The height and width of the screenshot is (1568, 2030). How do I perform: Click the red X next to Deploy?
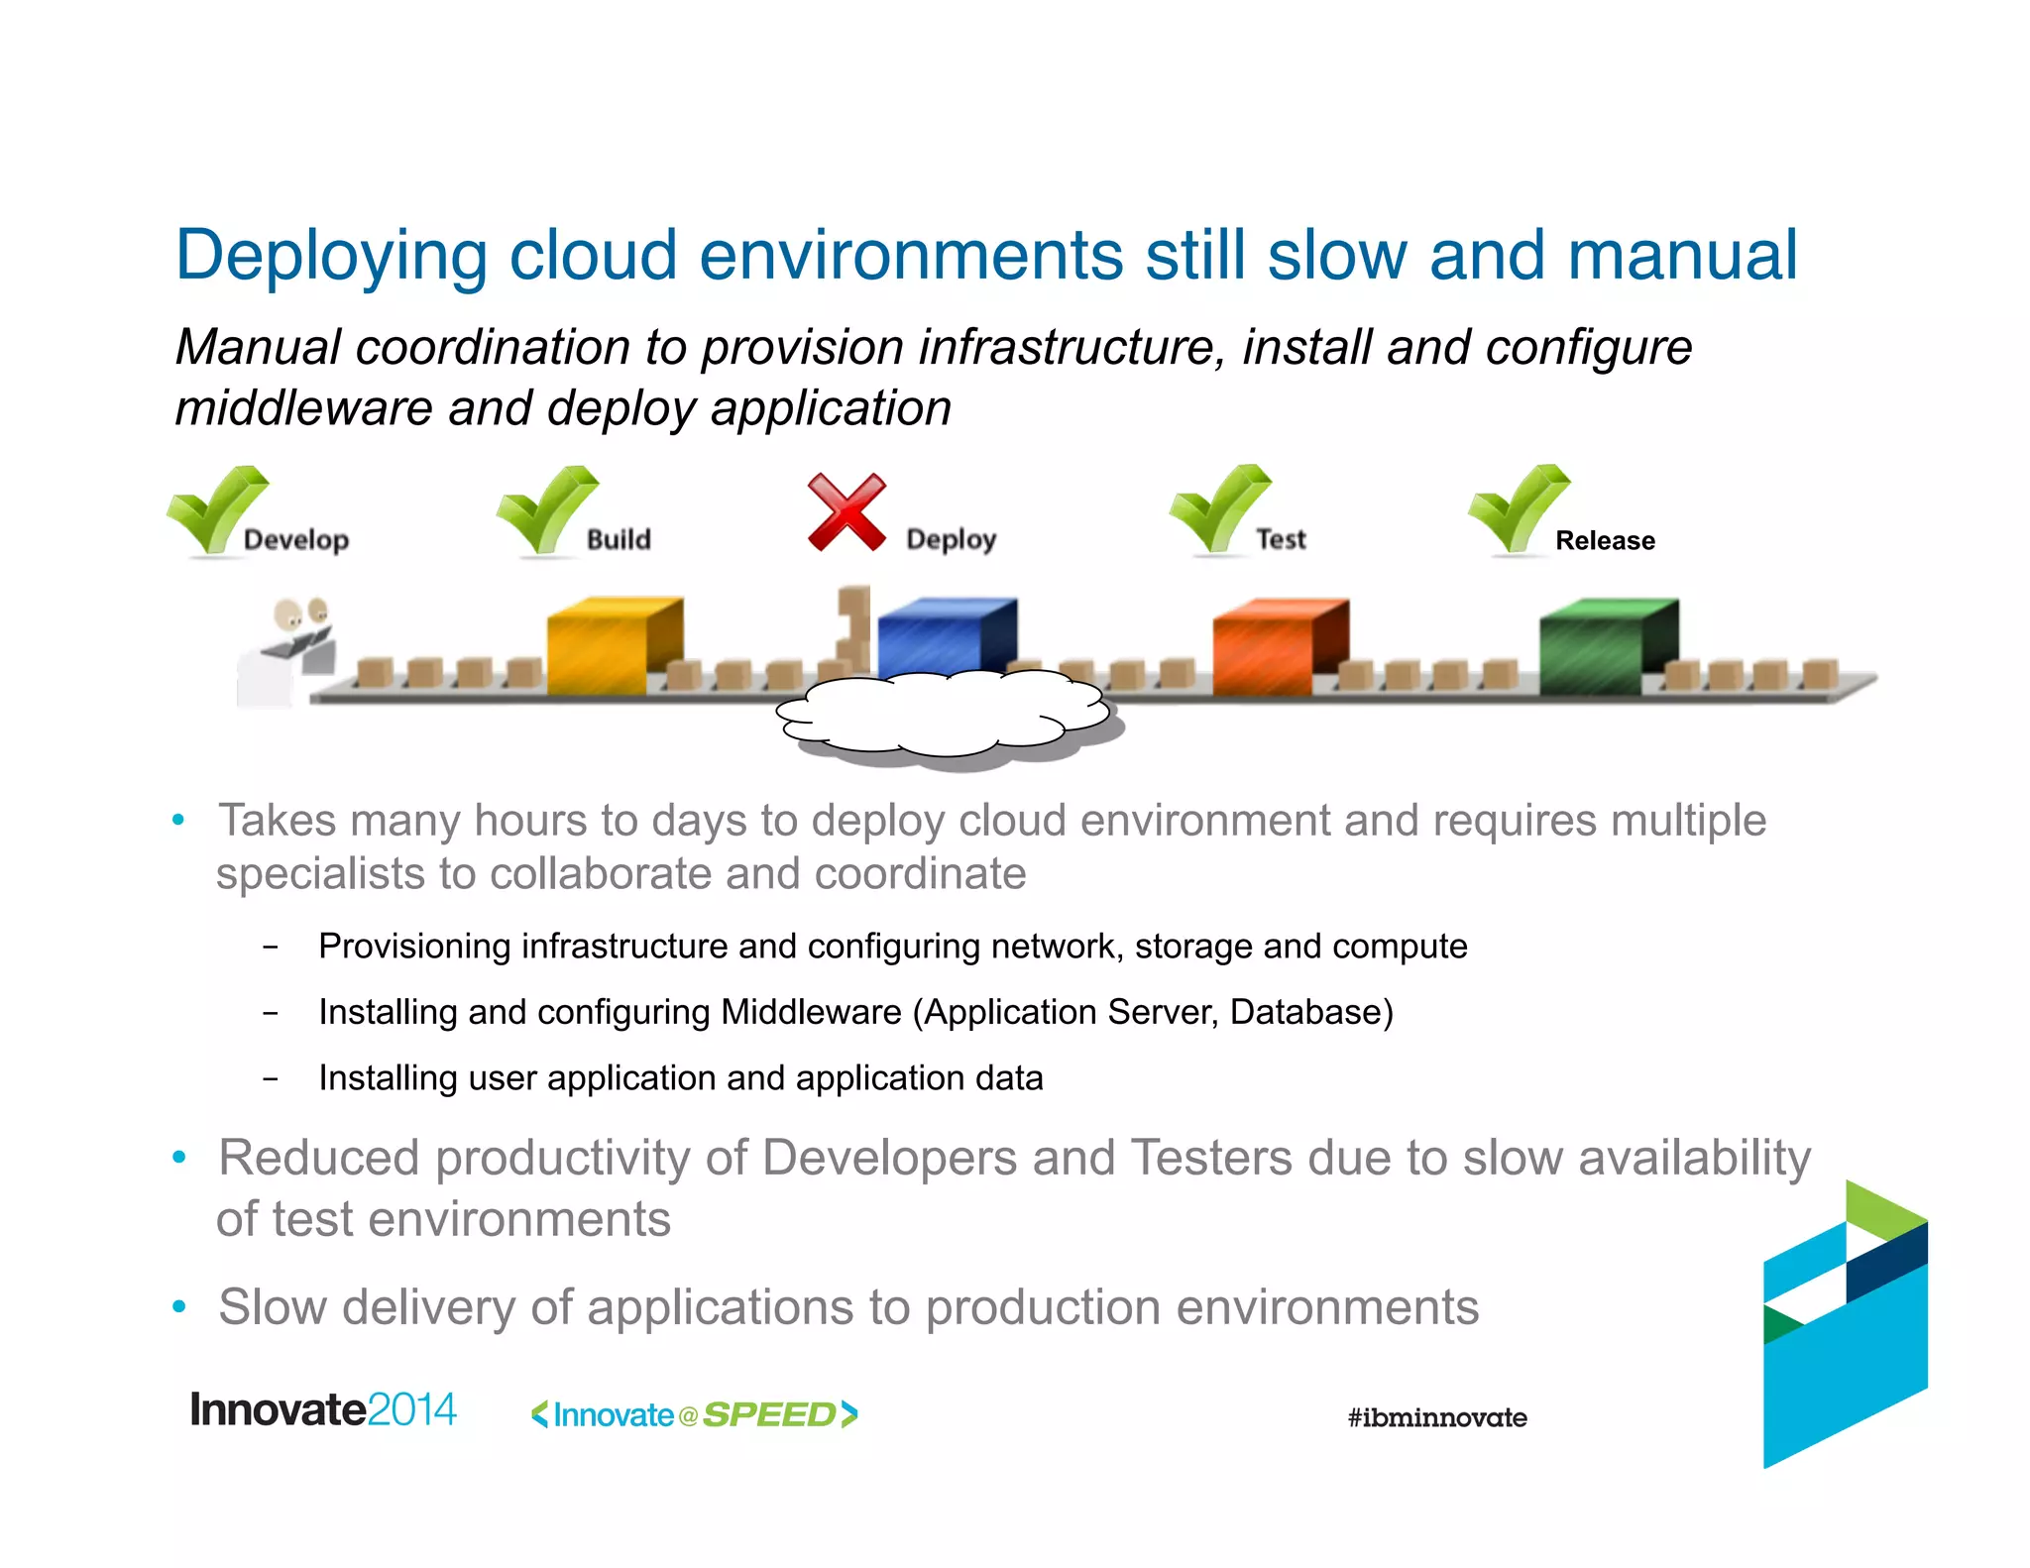(846, 512)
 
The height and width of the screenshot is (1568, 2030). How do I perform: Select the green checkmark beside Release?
(1517, 507)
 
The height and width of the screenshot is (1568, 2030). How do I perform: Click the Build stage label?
(619, 539)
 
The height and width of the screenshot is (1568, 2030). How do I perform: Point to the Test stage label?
(1281, 539)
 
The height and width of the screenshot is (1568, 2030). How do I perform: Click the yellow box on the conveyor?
(613, 645)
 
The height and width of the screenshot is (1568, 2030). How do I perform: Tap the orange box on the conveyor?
(1279, 646)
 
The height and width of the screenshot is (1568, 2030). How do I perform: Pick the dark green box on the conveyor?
(1607, 646)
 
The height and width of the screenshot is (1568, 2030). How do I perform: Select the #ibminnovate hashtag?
(1436, 1417)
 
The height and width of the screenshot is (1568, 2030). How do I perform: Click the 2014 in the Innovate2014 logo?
(411, 1409)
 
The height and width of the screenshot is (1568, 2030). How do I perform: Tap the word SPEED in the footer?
(769, 1414)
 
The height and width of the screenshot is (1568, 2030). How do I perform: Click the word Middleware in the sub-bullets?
(811, 1012)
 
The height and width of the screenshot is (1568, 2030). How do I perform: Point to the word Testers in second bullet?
(1211, 1158)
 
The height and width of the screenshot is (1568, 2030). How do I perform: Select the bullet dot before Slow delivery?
(179, 1306)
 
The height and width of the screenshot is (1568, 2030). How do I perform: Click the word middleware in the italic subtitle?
(303, 408)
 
